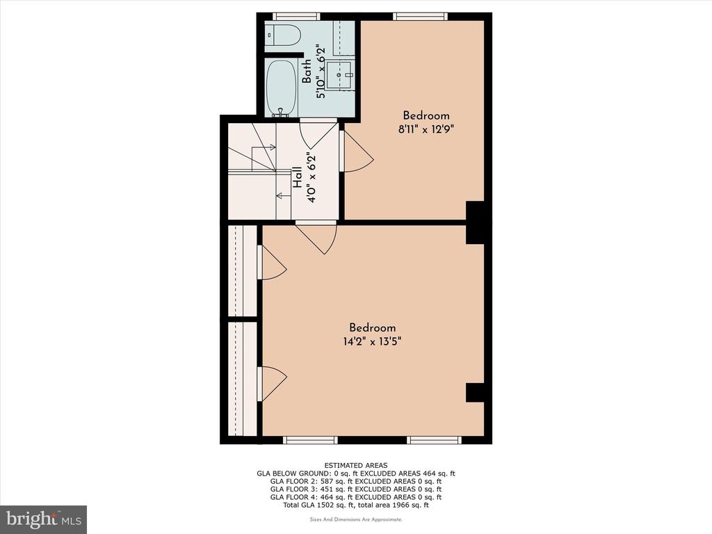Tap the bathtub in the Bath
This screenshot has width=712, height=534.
[x=281, y=89]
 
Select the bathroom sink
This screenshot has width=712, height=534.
[x=339, y=75]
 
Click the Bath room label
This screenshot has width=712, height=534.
[x=307, y=71]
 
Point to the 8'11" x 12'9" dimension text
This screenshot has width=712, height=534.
[x=426, y=129]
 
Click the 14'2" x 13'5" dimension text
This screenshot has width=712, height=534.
[x=372, y=341]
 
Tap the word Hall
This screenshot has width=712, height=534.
[x=297, y=177]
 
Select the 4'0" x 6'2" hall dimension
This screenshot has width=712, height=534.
[x=311, y=178]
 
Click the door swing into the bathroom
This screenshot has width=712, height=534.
[x=318, y=133]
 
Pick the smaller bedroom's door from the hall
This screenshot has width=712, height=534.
[x=357, y=151]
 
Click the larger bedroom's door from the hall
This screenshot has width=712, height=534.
[x=316, y=236]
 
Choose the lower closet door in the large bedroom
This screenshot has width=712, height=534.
[x=272, y=384]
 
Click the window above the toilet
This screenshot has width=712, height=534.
[x=296, y=17]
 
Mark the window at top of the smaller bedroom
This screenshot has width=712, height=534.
[x=420, y=17]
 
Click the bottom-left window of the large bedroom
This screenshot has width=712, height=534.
[x=311, y=439]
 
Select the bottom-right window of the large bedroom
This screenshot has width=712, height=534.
[x=434, y=439]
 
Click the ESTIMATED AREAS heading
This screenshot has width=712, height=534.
[x=356, y=465]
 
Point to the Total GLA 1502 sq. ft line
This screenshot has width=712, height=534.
[x=356, y=505]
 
